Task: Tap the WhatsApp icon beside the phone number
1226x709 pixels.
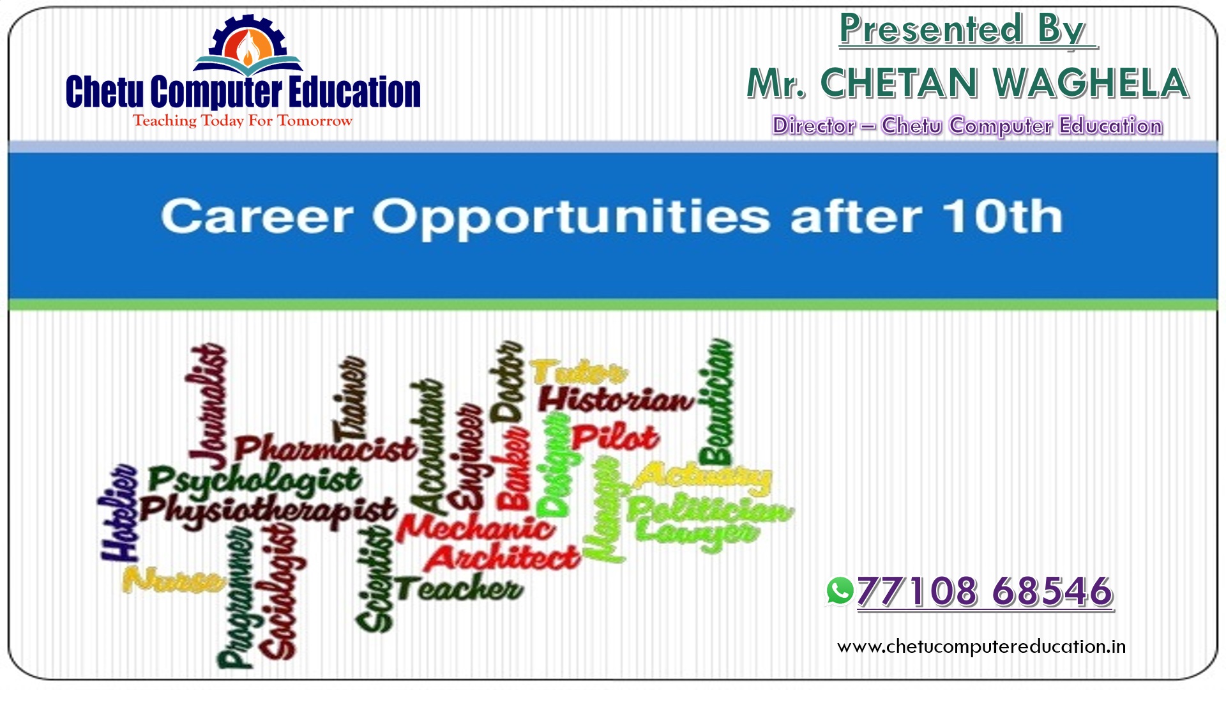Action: [839, 591]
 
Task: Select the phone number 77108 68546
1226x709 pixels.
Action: [985, 591]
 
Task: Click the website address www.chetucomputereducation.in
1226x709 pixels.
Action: [981, 646]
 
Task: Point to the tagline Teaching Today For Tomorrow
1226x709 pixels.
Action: [242, 121]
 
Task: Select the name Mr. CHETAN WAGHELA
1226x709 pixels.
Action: [967, 83]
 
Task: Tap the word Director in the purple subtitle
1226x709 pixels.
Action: [814, 126]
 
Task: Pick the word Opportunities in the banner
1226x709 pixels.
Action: [571, 218]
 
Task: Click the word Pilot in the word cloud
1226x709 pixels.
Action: [614, 438]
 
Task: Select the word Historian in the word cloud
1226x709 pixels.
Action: [616, 400]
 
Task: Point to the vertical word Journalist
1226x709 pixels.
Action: [208, 406]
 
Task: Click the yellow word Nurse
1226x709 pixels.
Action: [173, 580]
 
